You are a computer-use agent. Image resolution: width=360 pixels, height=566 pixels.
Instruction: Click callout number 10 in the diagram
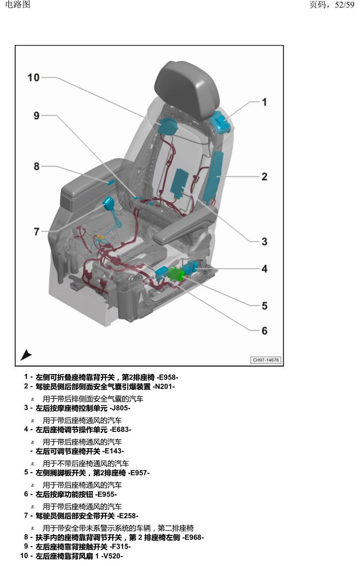tap(33, 78)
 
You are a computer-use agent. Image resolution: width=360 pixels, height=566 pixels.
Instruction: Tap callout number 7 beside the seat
tap(37, 231)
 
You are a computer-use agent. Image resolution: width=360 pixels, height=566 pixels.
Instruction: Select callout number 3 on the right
tap(264, 242)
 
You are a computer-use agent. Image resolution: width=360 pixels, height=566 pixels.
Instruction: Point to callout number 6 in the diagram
tap(264, 331)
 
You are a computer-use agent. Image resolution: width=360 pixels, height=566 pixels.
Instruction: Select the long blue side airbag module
tap(213, 177)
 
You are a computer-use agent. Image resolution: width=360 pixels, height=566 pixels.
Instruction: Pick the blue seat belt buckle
tap(109, 202)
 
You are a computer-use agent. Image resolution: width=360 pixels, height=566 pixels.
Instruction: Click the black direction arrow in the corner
tap(26, 355)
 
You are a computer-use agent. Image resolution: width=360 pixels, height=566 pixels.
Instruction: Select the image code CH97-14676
tap(266, 360)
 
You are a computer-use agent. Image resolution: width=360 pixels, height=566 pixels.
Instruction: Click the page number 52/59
tap(344, 4)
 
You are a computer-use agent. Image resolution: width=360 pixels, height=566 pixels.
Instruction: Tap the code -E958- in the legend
tap(167, 377)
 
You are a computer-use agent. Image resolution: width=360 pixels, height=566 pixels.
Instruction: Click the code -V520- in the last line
tap(112, 556)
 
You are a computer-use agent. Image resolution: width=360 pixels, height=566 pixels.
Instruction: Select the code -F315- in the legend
tap(120, 546)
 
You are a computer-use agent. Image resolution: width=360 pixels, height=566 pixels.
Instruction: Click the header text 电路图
tap(18, 4)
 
